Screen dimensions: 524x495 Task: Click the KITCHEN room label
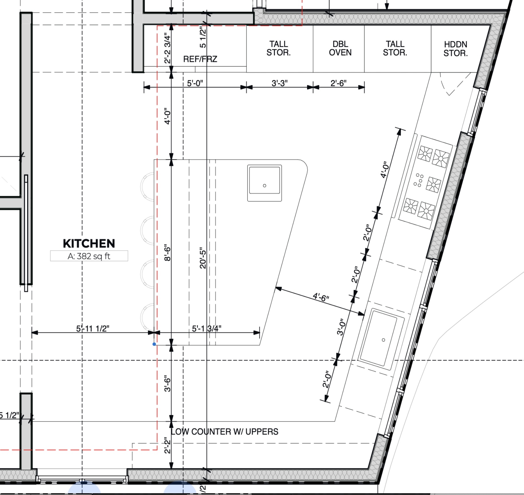[x=89, y=243]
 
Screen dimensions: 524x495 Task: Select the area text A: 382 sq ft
[x=89, y=256]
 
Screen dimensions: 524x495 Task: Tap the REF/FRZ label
[x=200, y=59]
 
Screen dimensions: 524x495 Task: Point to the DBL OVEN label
[x=340, y=48]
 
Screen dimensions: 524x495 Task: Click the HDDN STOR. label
[x=455, y=49]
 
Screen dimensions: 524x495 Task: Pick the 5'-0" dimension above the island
[x=195, y=83]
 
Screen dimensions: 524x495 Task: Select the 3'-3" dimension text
[x=279, y=83]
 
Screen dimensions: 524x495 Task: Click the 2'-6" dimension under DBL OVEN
[x=339, y=83]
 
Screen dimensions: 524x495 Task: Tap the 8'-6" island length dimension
[x=167, y=253]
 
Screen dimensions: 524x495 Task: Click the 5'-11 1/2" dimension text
[x=93, y=328]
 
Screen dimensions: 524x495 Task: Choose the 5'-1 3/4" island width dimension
[x=206, y=328]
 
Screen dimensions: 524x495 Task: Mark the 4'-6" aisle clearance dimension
[x=321, y=297]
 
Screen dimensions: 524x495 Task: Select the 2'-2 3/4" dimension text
[x=167, y=48]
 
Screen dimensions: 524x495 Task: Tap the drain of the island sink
[x=265, y=186]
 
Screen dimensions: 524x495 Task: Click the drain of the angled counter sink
[x=384, y=340]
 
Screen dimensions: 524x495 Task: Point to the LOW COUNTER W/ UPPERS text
[x=224, y=432]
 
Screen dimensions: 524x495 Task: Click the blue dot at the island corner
[x=154, y=344]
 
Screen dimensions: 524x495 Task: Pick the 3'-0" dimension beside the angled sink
[x=341, y=327]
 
